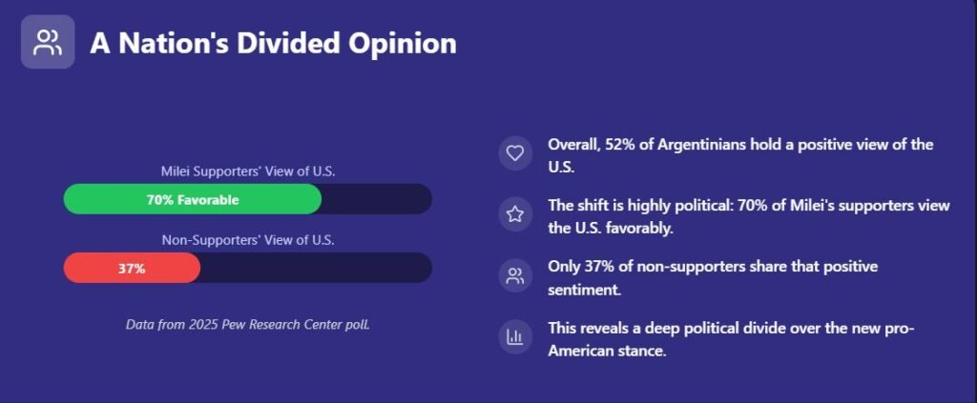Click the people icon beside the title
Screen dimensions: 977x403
tap(48, 42)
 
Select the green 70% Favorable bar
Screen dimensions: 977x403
tap(193, 200)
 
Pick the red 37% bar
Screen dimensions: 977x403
tap(132, 268)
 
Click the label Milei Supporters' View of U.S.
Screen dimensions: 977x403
tap(248, 171)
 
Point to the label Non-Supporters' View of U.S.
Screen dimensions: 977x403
tap(248, 239)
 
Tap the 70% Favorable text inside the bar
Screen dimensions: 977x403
tap(193, 200)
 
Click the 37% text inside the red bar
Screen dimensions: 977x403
tap(132, 269)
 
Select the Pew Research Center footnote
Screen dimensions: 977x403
tap(247, 324)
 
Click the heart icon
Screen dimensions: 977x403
tap(515, 153)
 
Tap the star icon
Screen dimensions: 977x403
tap(515, 214)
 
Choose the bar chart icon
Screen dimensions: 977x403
tap(515, 337)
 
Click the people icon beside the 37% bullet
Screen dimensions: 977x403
tap(515, 276)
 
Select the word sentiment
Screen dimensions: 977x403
tap(584, 291)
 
